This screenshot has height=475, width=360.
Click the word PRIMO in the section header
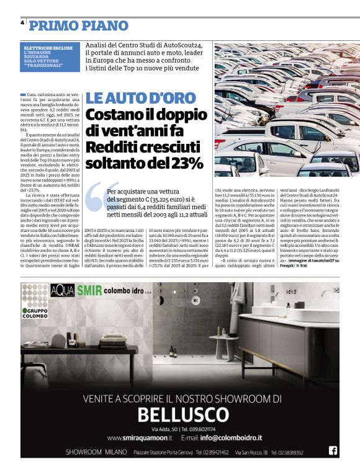(52, 25)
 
